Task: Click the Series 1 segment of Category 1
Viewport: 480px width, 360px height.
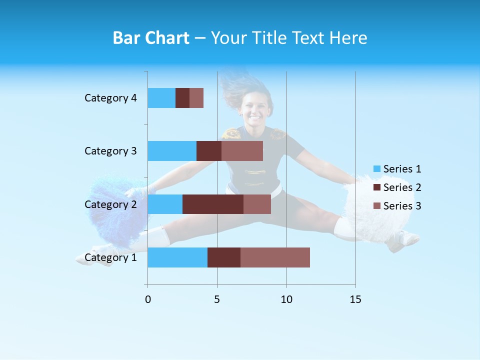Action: click(x=177, y=257)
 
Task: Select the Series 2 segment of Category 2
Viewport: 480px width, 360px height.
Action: click(x=213, y=204)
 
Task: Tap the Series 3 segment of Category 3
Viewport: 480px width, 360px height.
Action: click(x=242, y=151)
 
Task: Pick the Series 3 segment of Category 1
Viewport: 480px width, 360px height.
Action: click(x=275, y=257)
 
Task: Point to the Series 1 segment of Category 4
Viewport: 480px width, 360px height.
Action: click(x=161, y=98)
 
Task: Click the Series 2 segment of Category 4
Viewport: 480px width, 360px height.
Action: click(x=182, y=98)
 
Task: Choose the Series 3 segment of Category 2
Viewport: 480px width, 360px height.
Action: click(x=257, y=204)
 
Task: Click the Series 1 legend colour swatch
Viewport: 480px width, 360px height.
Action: click(x=377, y=169)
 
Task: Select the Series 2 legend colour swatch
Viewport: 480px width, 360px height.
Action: click(x=377, y=187)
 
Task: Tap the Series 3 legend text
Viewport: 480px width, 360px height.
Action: click(x=402, y=206)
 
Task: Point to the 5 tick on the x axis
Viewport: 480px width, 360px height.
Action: click(x=217, y=299)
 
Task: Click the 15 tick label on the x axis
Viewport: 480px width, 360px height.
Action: click(x=355, y=299)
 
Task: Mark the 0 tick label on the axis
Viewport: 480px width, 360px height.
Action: click(x=148, y=299)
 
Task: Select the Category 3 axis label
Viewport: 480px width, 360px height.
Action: click(x=110, y=151)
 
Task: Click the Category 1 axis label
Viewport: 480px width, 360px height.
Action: click(x=110, y=257)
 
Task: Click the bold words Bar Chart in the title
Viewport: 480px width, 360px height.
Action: click(x=151, y=38)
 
